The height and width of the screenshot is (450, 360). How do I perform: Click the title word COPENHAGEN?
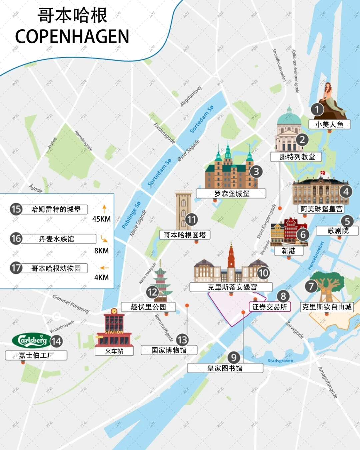(x=72, y=37)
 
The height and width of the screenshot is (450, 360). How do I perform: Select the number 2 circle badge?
(x=302, y=139)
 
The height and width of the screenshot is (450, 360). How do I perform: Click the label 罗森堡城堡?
(x=231, y=194)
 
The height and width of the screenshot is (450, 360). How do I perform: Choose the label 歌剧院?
(x=338, y=231)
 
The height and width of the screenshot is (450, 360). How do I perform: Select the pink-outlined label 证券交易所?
(x=270, y=307)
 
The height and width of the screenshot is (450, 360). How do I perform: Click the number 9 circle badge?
(x=234, y=358)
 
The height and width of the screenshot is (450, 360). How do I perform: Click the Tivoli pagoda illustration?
(x=161, y=280)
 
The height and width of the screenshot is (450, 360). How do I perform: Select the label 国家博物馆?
(x=169, y=350)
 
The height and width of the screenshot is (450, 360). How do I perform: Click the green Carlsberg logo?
(x=31, y=340)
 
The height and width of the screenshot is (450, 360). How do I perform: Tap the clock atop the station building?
(x=114, y=311)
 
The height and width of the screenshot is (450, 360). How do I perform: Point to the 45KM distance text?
(x=101, y=219)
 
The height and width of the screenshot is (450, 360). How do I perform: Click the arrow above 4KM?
(x=104, y=268)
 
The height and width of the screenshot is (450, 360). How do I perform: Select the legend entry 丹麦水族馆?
(x=57, y=239)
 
